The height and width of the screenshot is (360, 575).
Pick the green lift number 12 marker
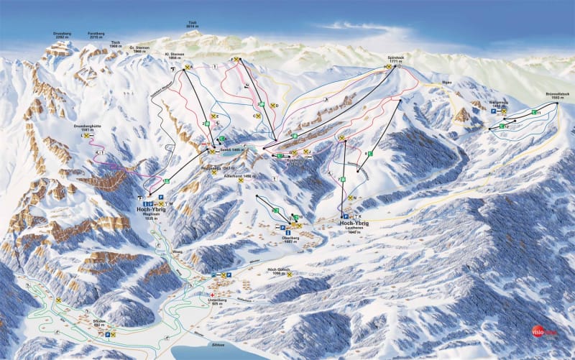click(506, 126)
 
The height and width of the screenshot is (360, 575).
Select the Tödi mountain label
click(191, 24)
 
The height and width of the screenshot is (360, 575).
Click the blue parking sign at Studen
click(108, 335)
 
